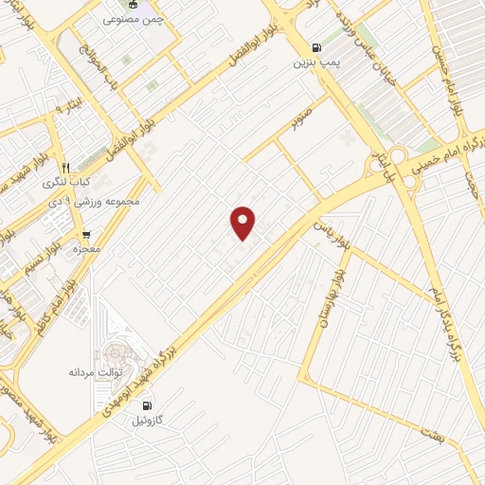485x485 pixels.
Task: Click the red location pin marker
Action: tap(243, 222)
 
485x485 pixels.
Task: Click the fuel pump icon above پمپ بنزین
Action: tap(315, 45)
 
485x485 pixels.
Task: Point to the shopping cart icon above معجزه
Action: tap(86, 234)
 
